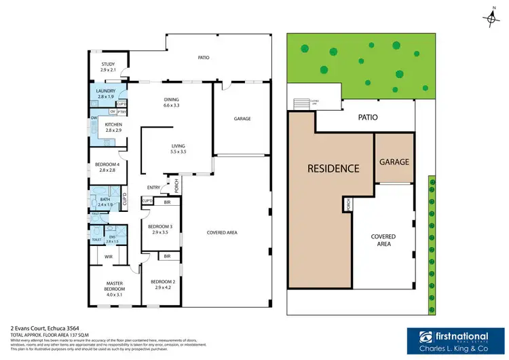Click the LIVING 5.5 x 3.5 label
click(x=178, y=149)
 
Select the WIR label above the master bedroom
click(x=108, y=256)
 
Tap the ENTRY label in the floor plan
click(x=153, y=187)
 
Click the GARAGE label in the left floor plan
click(x=242, y=119)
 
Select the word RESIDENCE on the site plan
click(x=333, y=168)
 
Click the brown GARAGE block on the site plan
click(x=394, y=162)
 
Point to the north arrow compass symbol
click(x=492, y=20)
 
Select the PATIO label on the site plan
click(x=368, y=117)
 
